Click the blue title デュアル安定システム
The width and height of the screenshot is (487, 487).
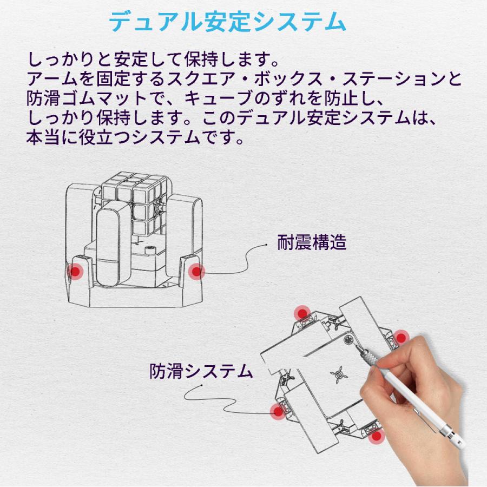[x=227, y=22]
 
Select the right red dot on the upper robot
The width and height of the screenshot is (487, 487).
[x=196, y=272]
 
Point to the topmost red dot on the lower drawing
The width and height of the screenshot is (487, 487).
[x=302, y=313]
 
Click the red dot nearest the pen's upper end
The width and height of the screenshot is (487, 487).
[x=400, y=338]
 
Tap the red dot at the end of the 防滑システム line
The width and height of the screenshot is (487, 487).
[x=278, y=412]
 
